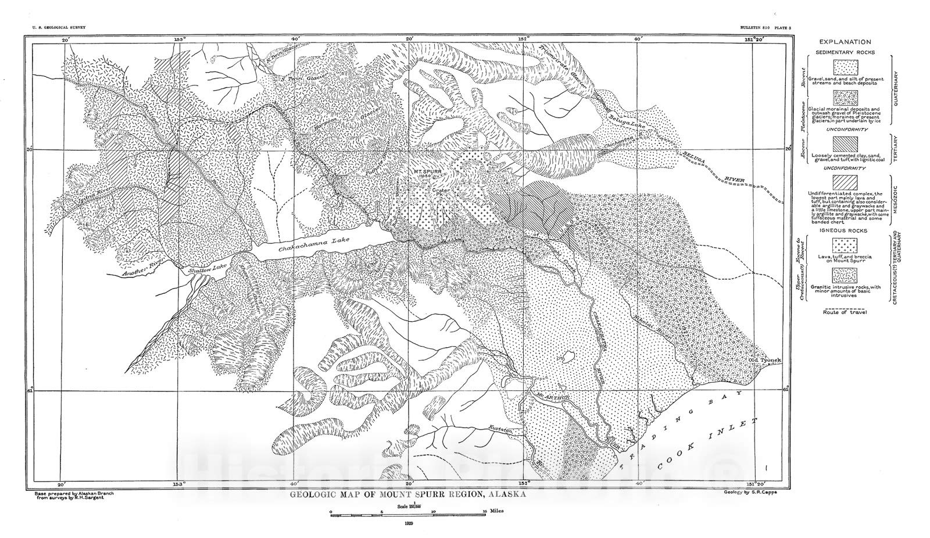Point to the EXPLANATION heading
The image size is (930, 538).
845,42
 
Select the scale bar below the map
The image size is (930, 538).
407,513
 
